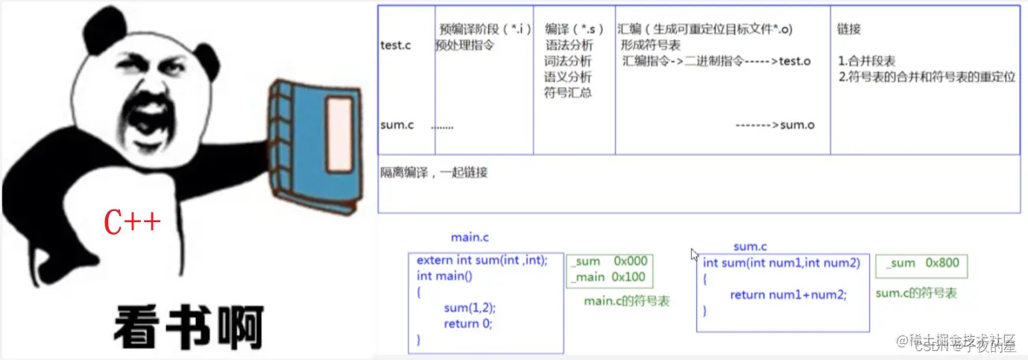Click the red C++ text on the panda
132,221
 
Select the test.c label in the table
397,45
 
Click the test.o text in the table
795,61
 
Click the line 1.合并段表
867,61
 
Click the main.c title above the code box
470,238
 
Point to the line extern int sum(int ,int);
482,260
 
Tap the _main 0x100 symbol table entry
599,277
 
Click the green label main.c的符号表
626,301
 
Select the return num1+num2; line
788,294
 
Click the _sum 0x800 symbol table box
921,263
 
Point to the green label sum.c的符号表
915,294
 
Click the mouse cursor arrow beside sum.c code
695,254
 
